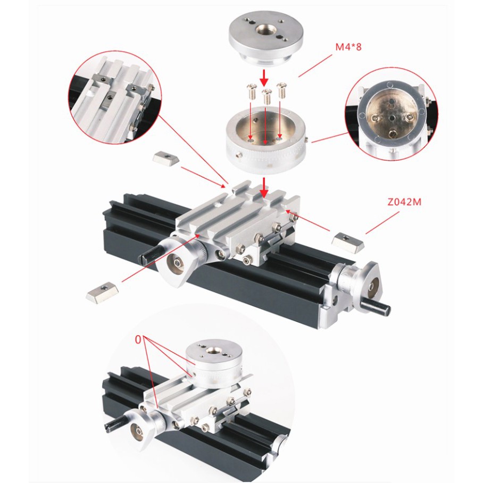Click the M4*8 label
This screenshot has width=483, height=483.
pyautogui.click(x=348, y=47)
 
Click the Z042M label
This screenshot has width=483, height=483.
pyautogui.click(x=404, y=202)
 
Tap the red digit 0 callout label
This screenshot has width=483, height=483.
pyautogui.click(x=138, y=339)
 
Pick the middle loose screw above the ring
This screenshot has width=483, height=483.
pyautogui.click(x=267, y=96)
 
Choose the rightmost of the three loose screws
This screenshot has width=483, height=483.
pyautogui.click(x=281, y=90)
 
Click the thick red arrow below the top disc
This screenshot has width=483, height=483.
pyautogui.click(x=264, y=78)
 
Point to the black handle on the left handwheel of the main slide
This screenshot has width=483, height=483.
pyautogui.click(x=150, y=254)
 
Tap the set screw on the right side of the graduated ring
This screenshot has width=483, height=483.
pyautogui.click(x=306, y=140)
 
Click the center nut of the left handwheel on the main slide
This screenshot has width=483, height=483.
pyautogui.click(x=177, y=263)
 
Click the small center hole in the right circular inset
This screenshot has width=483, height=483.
pyautogui.click(x=392, y=118)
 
